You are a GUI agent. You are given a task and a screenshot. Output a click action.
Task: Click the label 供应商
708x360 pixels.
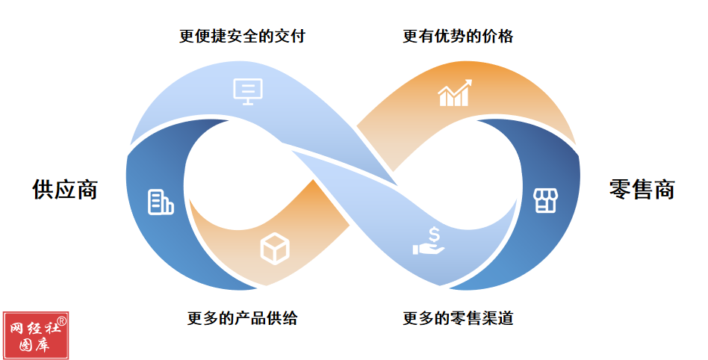click(x=65, y=189)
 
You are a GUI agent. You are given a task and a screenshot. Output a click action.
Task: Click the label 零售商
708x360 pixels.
click(x=642, y=189)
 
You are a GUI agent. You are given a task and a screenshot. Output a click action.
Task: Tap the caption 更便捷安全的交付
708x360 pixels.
click(x=243, y=36)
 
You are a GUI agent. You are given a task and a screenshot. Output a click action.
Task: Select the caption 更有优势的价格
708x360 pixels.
click(x=458, y=36)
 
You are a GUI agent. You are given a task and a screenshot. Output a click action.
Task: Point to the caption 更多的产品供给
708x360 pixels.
click(x=243, y=318)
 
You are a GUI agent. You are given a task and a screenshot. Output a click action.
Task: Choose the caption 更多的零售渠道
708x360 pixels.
click(x=458, y=318)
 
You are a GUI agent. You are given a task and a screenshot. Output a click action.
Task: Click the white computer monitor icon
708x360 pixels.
click(x=248, y=92)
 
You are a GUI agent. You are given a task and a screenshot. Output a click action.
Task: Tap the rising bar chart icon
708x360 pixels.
click(x=455, y=93)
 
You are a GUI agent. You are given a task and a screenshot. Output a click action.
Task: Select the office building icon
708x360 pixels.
click(x=161, y=202)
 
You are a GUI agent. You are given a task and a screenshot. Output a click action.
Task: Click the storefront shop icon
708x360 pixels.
click(x=545, y=201)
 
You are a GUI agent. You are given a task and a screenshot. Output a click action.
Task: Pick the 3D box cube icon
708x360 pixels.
click(x=275, y=249)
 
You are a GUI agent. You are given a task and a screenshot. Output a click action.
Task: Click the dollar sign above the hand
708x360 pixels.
click(x=434, y=235)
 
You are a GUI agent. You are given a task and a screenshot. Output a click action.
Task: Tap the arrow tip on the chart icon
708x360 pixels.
click(x=470, y=81)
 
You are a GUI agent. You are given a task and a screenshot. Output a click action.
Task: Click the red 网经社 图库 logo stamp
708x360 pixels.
click(x=36, y=335)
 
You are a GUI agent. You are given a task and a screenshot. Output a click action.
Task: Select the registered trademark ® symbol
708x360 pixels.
click(x=61, y=320)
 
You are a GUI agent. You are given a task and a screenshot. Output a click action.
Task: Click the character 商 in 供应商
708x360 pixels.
click(x=87, y=189)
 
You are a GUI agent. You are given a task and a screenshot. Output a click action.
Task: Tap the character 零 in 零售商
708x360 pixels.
click(x=620, y=189)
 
